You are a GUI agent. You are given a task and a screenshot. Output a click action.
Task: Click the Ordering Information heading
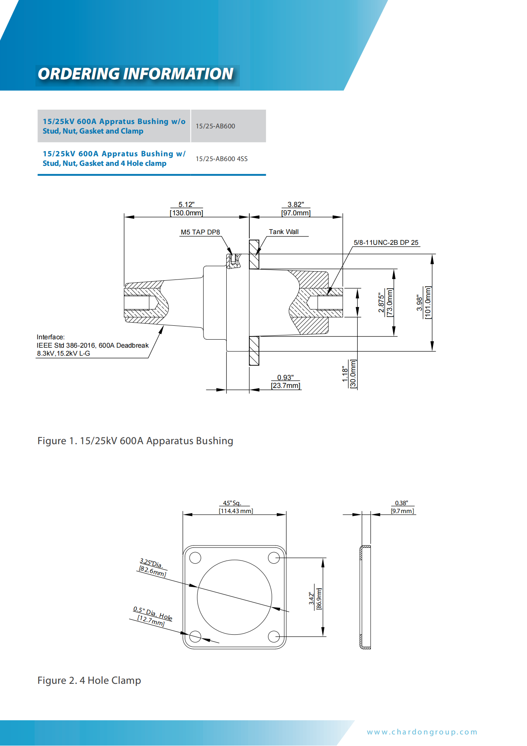point(135,74)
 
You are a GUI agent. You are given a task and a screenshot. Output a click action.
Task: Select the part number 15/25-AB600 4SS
point(221,159)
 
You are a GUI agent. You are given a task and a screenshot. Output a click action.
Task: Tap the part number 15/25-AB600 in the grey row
point(215,126)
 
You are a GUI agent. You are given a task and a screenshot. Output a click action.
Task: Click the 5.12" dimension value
point(186,205)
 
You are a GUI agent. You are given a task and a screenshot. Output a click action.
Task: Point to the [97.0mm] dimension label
point(296,213)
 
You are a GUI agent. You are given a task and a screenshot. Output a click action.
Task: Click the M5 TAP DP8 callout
point(200,232)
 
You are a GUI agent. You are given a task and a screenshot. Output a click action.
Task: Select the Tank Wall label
point(284,232)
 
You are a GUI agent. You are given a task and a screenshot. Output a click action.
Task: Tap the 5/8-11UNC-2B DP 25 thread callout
point(386,242)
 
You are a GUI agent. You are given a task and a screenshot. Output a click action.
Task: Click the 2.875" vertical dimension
point(381,303)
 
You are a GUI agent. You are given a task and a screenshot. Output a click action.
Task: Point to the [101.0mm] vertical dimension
point(428,303)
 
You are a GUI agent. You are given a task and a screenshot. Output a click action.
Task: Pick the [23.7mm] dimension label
point(286,386)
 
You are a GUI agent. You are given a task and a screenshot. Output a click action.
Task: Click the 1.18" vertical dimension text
point(345,374)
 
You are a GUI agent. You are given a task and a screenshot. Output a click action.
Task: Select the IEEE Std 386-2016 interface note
point(92,345)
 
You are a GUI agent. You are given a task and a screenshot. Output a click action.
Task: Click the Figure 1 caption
point(135,441)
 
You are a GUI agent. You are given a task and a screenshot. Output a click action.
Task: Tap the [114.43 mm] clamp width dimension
point(236,511)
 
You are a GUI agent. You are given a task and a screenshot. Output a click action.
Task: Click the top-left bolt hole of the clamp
point(195,557)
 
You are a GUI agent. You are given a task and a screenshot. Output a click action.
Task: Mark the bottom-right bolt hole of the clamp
point(274,636)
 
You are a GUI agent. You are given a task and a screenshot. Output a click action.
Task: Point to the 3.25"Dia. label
point(151,563)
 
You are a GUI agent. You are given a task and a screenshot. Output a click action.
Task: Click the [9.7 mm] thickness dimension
point(402,511)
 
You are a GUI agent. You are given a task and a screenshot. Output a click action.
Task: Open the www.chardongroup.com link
point(422,732)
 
